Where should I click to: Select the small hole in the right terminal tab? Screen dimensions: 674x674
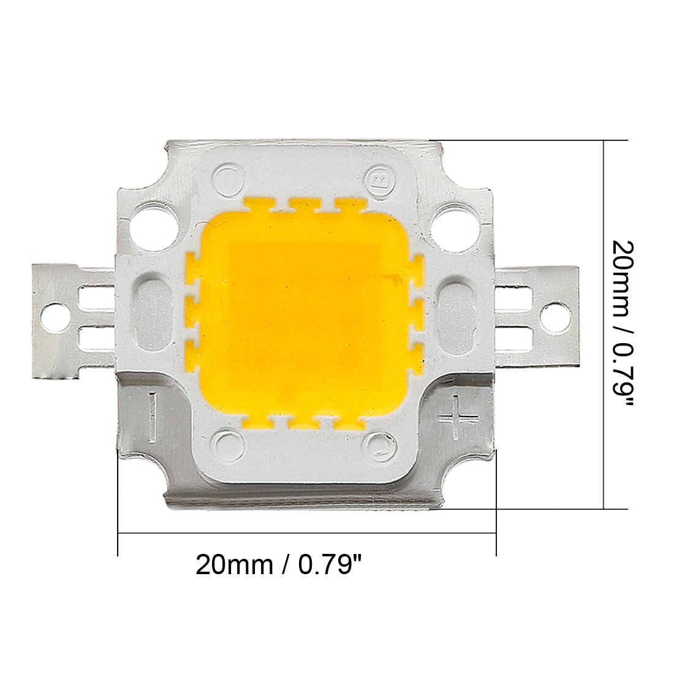click(x=556, y=317)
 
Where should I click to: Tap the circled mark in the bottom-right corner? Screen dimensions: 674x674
click(x=379, y=447)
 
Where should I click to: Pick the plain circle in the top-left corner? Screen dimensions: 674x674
click(x=229, y=178)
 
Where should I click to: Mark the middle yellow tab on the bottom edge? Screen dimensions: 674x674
click(x=305, y=423)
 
